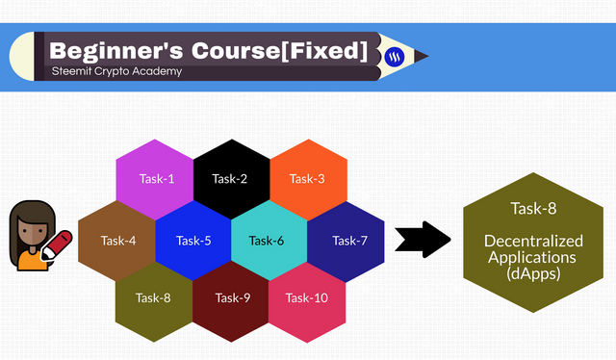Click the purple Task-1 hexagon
coord(155,179)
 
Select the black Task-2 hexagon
coord(232,179)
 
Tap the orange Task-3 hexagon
coord(308,179)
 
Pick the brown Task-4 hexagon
coord(117,241)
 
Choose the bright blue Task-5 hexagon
coord(193,241)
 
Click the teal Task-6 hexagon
coord(269,241)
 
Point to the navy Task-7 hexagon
coord(346,242)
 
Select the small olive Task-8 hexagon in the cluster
coord(154,301)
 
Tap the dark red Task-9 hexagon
coord(231,301)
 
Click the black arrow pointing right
coord(423,240)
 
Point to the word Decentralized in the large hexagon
coord(533,241)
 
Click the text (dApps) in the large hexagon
coord(533,273)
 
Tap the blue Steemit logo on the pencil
coord(394,57)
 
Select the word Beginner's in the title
coord(116,51)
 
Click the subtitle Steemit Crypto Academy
coord(116,71)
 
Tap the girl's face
coord(33,232)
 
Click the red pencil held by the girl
coord(56,244)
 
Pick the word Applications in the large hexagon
coord(532,257)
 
